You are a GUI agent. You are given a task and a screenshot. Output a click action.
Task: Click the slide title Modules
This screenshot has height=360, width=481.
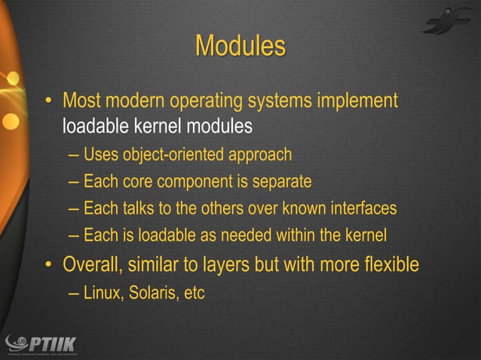point(240,46)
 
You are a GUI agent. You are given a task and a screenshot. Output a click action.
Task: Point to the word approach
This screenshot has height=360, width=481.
point(258,156)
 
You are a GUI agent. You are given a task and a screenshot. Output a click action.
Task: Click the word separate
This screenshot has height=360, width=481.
point(282,183)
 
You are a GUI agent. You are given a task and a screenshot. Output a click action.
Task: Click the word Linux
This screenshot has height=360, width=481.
point(103,293)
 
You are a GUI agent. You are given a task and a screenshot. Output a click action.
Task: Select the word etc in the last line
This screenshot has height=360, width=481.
point(194,293)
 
